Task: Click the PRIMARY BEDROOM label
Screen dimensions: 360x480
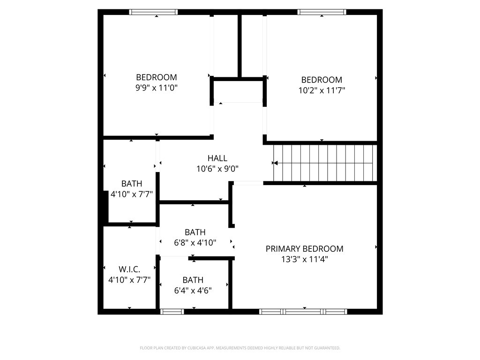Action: click(x=304, y=249)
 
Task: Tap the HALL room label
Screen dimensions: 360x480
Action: click(x=217, y=158)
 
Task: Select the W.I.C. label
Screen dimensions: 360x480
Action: click(x=130, y=269)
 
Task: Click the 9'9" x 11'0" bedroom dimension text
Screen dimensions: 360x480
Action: click(x=156, y=88)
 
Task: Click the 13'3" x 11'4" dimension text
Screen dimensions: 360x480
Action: click(x=304, y=259)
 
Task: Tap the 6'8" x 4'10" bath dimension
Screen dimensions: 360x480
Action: click(x=195, y=242)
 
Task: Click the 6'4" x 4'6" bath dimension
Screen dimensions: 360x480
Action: click(x=193, y=290)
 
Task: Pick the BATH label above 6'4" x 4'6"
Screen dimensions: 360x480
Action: click(x=193, y=280)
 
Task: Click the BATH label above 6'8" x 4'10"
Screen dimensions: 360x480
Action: click(x=195, y=232)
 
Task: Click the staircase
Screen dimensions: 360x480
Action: click(x=328, y=163)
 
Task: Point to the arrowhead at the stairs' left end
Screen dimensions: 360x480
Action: click(x=275, y=163)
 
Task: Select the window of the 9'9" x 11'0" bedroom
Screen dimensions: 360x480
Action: click(x=153, y=12)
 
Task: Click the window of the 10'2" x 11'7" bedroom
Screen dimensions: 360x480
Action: click(x=322, y=12)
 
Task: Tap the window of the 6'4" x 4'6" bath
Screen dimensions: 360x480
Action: click(x=172, y=311)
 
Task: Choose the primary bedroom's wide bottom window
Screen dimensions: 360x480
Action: click(x=303, y=311)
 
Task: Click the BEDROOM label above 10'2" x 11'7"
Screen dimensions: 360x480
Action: click(x=322, y=80)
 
